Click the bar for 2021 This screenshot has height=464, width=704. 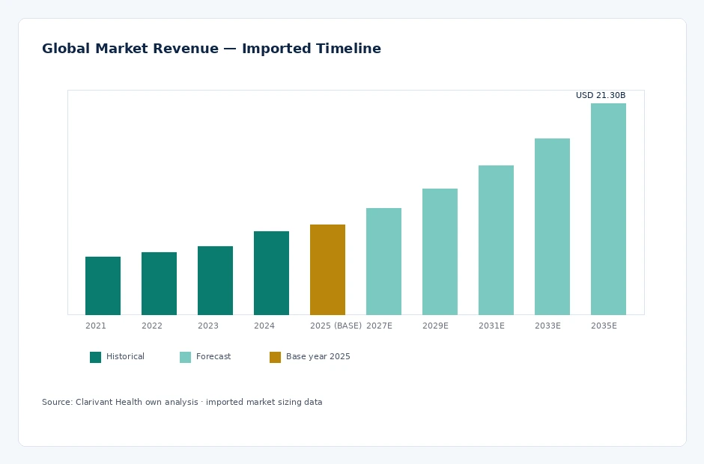point(103,286)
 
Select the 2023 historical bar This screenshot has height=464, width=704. point(215,281)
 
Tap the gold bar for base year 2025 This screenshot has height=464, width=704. point(328,269)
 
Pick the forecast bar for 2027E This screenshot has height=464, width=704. point(384,262)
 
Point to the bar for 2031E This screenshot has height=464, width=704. point(496,240)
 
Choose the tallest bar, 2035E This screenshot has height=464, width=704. point(608,209)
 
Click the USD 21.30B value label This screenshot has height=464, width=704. point(601,95)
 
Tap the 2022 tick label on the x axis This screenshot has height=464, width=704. point(152,326)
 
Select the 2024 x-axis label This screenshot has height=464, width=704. point(264,326)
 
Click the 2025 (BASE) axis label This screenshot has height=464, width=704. point(336,326)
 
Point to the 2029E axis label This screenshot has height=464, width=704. point(436,326)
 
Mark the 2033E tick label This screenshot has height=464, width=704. point(547,326)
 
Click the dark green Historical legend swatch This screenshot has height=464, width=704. point(96,357)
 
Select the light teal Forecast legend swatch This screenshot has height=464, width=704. point(186,357)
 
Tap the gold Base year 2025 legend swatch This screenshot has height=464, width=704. point(275,357)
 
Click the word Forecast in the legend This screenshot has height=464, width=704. point(213,356)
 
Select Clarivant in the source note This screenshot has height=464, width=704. point(94,402)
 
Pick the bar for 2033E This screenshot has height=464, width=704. point(552,227)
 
